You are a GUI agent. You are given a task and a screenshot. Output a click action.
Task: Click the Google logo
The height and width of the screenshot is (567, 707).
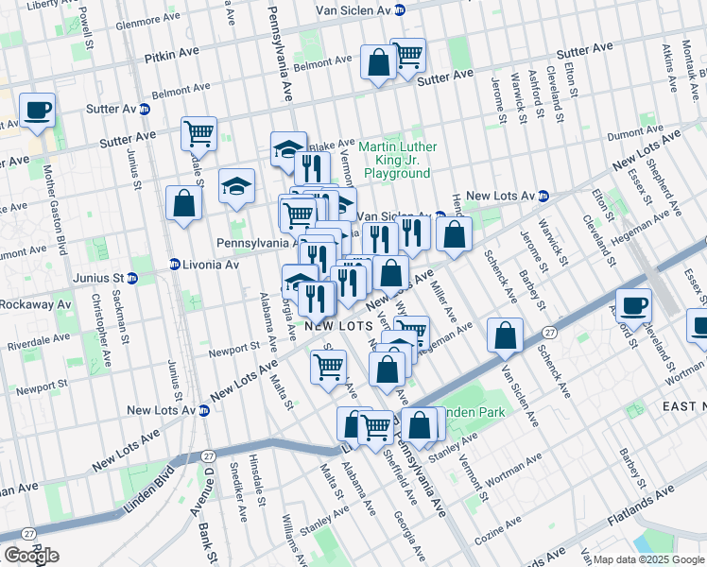[x=30, y=555]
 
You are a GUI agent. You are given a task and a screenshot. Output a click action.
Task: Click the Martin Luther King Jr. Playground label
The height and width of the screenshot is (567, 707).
[x=397, y=160]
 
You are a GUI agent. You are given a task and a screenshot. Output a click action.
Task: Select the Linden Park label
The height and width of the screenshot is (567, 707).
[x=474, y=412]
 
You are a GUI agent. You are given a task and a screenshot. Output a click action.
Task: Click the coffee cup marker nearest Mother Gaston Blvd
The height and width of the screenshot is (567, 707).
[x=37, y=111]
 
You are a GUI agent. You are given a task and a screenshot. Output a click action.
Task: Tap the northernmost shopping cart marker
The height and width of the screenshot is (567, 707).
[x=407, y=55]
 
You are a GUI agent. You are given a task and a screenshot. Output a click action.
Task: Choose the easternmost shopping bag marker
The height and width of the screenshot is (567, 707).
[x=507, y=335]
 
